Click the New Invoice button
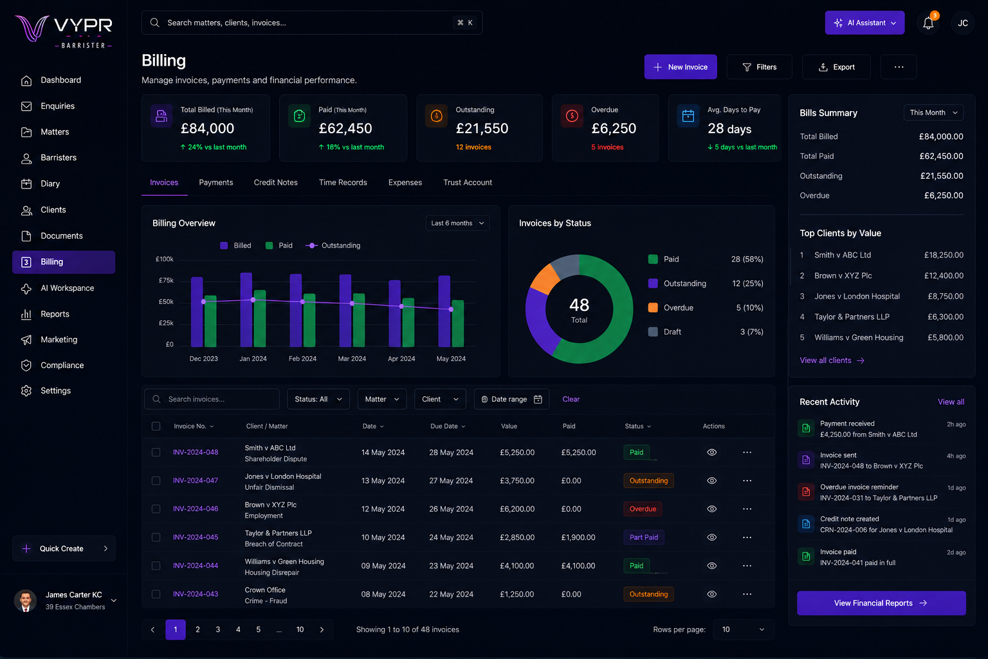click(x=680, y=67)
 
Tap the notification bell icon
click(x=928, y=23)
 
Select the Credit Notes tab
click(x=276, y=182)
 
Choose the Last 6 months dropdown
click(x=457, y=223)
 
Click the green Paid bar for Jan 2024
click(x=260, y=318)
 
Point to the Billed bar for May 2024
click(x=444, y=311)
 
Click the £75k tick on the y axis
click(x=166, y=281)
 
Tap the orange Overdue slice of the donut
click(x=545, y=279)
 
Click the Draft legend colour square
click(x=653, y=331)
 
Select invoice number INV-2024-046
click(x=196, y=508)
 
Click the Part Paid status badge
click(x=643, y=537)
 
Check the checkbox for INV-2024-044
click(x=156, y=566)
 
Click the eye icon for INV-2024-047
click(x=711, y=480)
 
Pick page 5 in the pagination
click(x=258, y=629)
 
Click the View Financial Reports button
click(x=881, y=603)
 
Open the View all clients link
click(x=832, y=360)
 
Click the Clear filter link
click(x=571, y=399)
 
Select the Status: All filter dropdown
click(x=318, y=399)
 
